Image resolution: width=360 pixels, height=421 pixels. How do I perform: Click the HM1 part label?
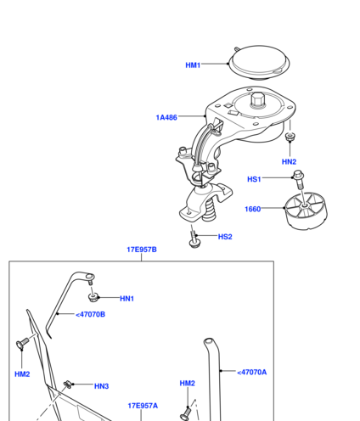(193, 65)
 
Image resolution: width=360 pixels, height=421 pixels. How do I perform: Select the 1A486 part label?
(166, 117)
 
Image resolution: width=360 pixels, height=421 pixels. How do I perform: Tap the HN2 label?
(289, 161)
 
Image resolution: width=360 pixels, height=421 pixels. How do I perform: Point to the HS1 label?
(254, 179)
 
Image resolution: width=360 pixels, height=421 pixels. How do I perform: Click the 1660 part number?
(252, 209)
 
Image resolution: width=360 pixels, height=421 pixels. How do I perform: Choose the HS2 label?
(225, 237)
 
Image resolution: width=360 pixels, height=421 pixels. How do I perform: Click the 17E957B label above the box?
(142, 250)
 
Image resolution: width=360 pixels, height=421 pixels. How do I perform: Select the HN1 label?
(127, 299)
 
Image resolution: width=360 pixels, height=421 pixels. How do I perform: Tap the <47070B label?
(90, 314)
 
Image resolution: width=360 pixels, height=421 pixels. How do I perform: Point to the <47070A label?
(252, 372)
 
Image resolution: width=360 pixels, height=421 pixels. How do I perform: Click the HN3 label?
(101, 386)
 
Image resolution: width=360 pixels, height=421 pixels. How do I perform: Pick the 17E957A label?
(143, 406)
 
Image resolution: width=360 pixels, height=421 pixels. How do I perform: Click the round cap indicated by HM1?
(260, 63)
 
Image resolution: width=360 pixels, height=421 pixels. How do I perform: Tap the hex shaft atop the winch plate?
(257, 100)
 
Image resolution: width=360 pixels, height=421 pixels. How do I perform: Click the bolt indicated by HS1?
(299, 179)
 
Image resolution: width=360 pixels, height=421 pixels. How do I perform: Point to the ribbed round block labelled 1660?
(306, 210)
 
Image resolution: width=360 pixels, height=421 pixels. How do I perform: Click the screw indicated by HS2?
(194, 239)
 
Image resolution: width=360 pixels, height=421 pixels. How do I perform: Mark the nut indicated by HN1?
(93, 297)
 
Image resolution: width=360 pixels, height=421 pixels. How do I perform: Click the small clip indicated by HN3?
(67, 385)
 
